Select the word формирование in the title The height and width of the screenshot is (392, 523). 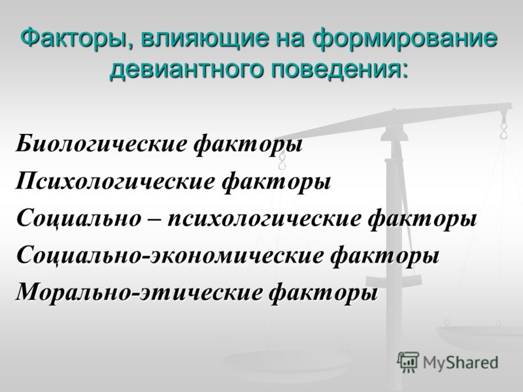tap(405, 38)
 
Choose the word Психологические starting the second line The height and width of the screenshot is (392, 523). tap(114, 181)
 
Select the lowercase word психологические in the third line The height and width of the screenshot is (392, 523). tap(264, 219)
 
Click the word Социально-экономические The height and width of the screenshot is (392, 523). tap(170, 255)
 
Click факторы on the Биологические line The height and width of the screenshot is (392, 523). tap(248, 145)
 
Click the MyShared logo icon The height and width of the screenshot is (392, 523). tap(408, 362)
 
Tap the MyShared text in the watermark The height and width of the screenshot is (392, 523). tap(460, 363)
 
